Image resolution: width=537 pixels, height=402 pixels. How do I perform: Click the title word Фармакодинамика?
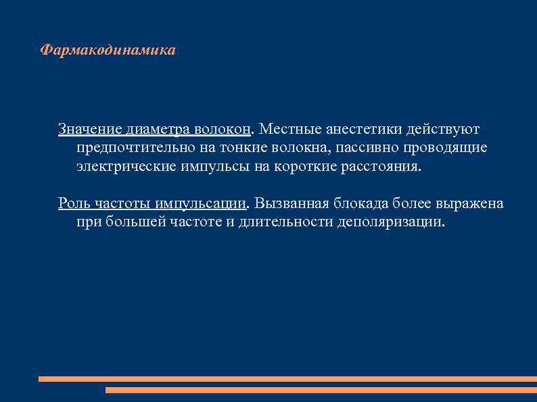(108, 51)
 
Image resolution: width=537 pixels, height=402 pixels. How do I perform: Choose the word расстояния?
(379, 167)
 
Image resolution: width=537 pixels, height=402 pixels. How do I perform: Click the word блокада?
(355, 203)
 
